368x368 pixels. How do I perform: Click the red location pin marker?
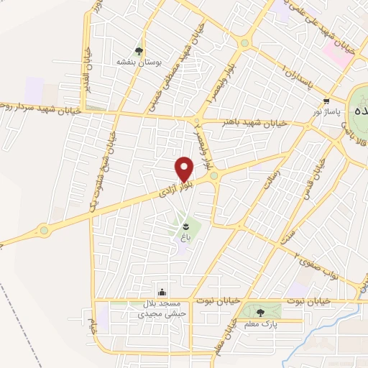click(x=185, y=169)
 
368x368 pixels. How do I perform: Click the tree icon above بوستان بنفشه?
click(x=139, y=51)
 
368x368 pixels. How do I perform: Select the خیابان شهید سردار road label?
click(x=43, y=108)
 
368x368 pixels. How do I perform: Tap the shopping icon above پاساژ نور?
click(x=327, y=101)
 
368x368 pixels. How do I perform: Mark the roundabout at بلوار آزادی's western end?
click(x=45, y=231)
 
